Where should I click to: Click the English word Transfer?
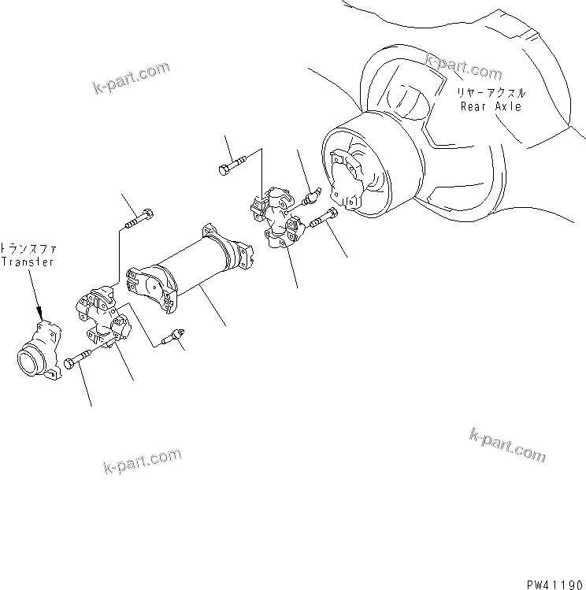click(x=28, y=262)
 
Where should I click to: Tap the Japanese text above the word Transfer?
click(x=28, y=247)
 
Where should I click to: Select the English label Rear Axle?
click(x=491, y=106)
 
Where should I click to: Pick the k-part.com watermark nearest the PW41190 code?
click(x=506, y=445)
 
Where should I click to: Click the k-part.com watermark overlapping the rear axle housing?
click(x=463, y=67)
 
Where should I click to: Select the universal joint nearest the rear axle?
click(x=277, y=219)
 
